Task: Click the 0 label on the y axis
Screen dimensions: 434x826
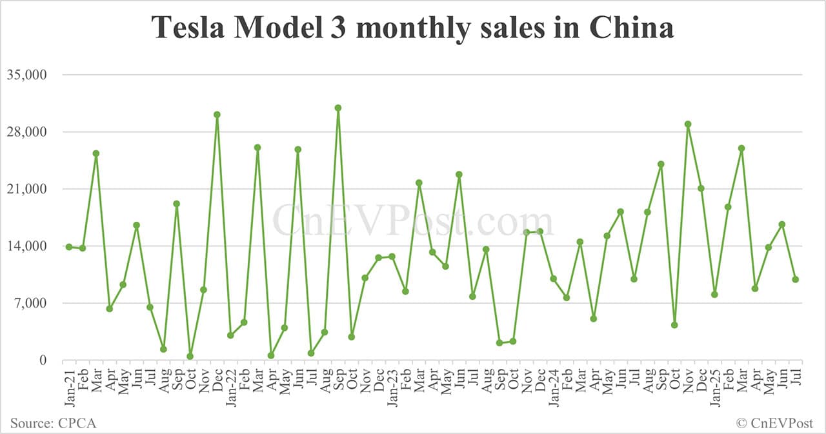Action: tap(42, 360)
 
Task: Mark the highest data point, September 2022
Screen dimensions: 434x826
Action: tap(337, 108)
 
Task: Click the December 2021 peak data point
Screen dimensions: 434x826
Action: tap(217, 115)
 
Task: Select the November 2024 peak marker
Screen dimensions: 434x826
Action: tap(688, 124)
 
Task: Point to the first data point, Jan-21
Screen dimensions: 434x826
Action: tap(69, 247)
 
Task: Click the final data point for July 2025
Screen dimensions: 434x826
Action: tap(796, 279)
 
